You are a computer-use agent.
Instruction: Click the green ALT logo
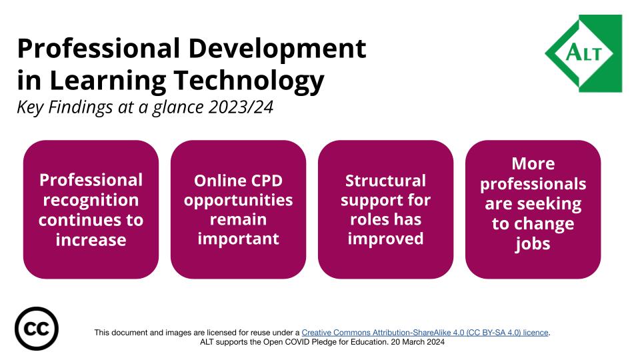(x=584, y=53)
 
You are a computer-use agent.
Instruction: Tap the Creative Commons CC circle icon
(x=37, y=329)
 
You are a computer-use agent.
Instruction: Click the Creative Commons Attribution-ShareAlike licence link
(x=425, y=333)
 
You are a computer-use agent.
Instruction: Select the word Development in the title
(x=277, y=48)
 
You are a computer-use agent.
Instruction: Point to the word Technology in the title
(x=249, y=81)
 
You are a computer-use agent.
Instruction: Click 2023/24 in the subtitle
(x=241, y=107)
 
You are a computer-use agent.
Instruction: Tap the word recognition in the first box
(x=91, y=201)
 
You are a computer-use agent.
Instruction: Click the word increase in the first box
(x=91, y=240)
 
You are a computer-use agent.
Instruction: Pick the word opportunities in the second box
(x=239, y=201)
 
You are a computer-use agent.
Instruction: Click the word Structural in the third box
(x=386, y=181)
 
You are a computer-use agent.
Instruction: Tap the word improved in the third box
(x=386, y=239)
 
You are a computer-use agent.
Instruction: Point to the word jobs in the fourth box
(x=533, y=244)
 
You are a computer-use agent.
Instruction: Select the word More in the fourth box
(x=533, y=164)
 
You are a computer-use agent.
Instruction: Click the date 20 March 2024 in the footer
(x=417, y=342)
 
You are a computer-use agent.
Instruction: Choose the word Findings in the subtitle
(x=80, y=107)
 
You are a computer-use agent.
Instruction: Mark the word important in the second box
(x=239, y=239)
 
